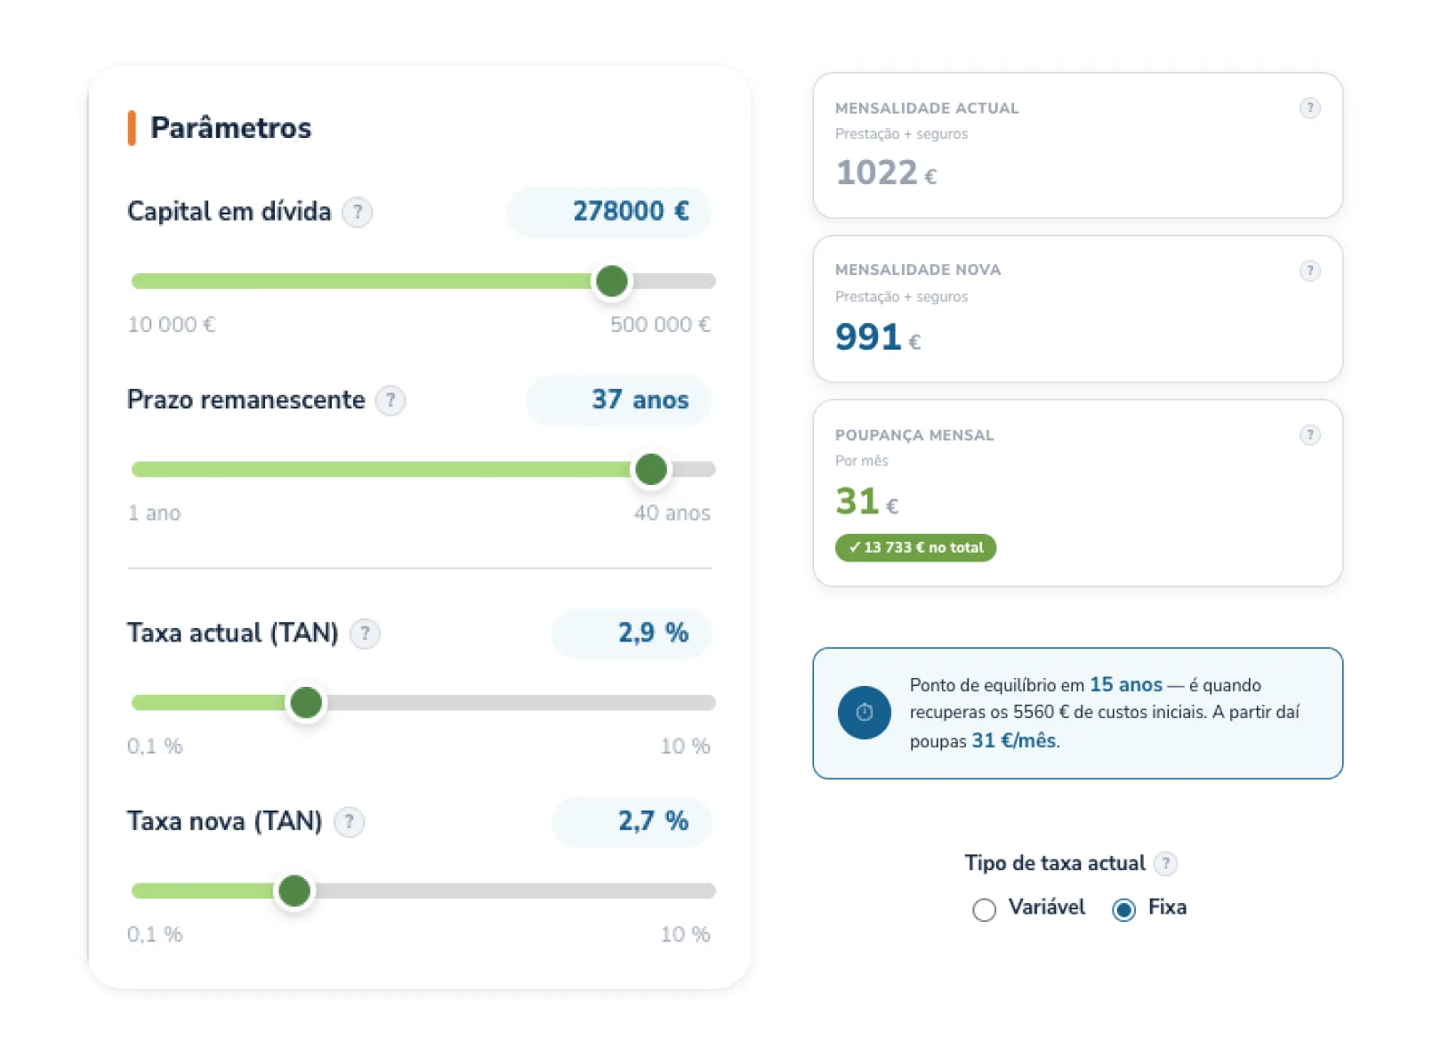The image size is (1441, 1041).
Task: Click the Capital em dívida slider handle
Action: pyautogui.click(x=612, y=281)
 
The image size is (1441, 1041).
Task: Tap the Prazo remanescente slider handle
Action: pyautogui.click(x=651, y=469)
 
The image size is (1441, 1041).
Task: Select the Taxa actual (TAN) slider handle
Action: pyautogui.click(x=306, y=703)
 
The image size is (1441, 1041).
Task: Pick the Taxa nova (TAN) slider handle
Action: pyautogui.click(x=294, y=892)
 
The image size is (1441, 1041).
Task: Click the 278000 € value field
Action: pyautogui.click(x=608, y=212)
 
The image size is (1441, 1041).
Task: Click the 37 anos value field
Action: pyautogui.click(x=619, y=400)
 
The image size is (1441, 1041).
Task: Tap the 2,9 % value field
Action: pyautogui.click(x=632, y=633)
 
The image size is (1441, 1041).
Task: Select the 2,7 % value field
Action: pyautogui.click(x=632, y=821)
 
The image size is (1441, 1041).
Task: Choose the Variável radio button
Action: pyautogui.click(x=985, y=909)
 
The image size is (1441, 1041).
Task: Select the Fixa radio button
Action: pyautogui.click(x=1123, y=909)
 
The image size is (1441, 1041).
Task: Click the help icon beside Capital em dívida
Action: pyautogui.click(x=357, y=212)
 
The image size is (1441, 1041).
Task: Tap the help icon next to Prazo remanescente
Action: pyautogui.click(x=390, y=400)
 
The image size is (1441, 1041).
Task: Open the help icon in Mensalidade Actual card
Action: pyautogui.click(x=1309, y=108)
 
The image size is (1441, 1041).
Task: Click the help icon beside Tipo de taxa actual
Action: pyautogui.click(x=1165, y=863)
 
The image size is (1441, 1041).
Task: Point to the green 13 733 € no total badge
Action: pyautogui.click(x=915, y=547)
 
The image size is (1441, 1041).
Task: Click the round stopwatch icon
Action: pyautogui.click(x=864, y=713)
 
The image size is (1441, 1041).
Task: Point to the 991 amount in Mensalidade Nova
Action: pyautogui.click(x=868, y=337)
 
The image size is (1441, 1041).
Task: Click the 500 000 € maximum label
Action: pyautogui.click(x=660, y=325)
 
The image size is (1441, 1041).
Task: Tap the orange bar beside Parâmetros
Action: pyautogui.click(x=132, y=128)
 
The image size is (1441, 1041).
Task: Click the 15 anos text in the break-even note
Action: pyautogui.click(x=1126, y=684)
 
